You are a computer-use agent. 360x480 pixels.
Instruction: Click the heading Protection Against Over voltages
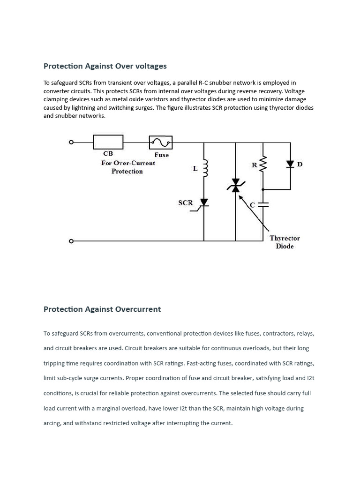point(105,66)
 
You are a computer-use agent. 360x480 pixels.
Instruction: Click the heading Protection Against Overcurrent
point(102,309)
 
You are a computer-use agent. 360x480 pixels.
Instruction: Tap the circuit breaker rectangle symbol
point(108,142)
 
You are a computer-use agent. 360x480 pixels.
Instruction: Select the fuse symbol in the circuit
point(160,142)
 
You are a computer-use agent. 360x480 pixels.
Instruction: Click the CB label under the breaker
point(108,153)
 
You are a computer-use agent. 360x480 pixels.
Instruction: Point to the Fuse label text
point(161,155)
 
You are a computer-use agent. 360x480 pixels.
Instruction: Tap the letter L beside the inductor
point(195,169)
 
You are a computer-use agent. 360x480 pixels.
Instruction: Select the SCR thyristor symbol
point(204,202)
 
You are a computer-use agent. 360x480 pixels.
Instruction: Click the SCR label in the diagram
point(186,203)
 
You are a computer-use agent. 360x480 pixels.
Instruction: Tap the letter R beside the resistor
point(254,165)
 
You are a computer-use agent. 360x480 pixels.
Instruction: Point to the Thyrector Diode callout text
point(285,242)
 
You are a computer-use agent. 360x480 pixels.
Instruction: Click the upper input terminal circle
point(71,142)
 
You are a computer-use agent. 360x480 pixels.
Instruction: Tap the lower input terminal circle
point(71,241)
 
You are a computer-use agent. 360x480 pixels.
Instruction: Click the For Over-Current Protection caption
point(127,167)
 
